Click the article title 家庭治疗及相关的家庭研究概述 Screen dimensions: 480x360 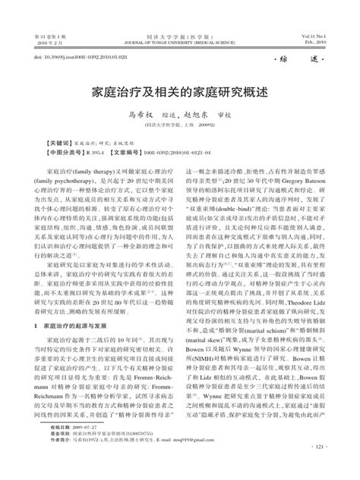pos(180,90)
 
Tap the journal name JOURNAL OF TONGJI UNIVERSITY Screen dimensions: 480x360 pos(179,44)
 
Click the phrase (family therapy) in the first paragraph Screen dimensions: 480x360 pos(92,174)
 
